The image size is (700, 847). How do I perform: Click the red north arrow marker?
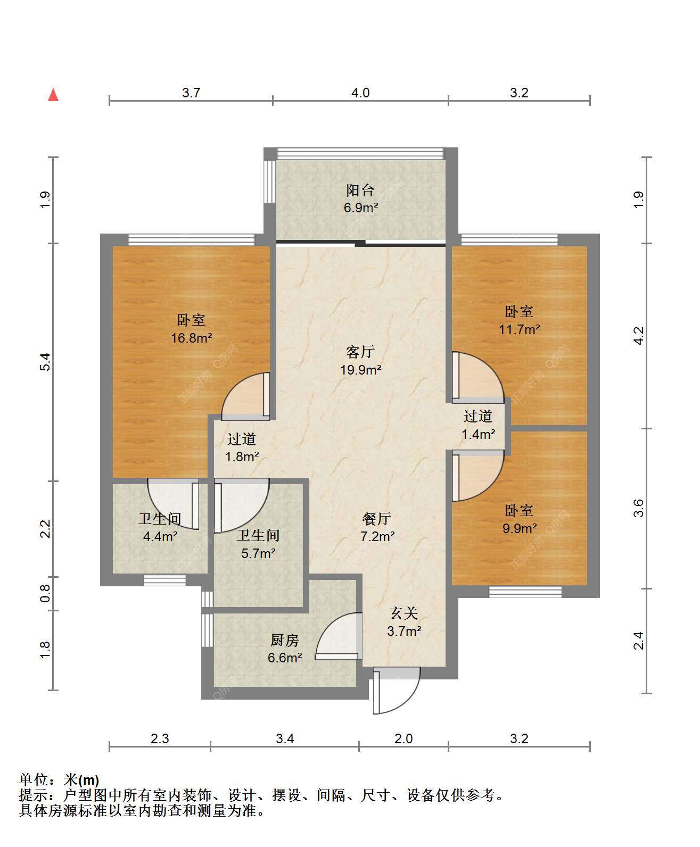tap(53, 95)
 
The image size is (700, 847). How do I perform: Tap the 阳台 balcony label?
tap(360, 190)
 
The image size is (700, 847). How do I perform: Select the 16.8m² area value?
tap(192, 337)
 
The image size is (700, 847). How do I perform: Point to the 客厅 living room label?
tap(360, 352)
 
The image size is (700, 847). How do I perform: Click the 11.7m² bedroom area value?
tap(520, 329)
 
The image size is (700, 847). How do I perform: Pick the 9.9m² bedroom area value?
tap(520, 528)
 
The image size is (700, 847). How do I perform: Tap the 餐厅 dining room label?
tap(377, 518)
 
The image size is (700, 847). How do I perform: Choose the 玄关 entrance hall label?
tap(404, 613)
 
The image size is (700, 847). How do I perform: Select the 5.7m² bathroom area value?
tap(259, 553)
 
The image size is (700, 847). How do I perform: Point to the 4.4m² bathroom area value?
tap(160, 536)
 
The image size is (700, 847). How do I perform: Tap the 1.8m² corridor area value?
tap(242, 457)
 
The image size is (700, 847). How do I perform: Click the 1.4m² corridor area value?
tap(478, 435)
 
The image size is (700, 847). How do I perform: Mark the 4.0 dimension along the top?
tap(360, 93)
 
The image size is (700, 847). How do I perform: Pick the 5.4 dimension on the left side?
tap(45, 362)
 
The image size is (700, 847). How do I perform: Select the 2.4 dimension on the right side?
tap(638, 641)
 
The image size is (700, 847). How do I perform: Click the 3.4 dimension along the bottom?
tap(285, 738)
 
